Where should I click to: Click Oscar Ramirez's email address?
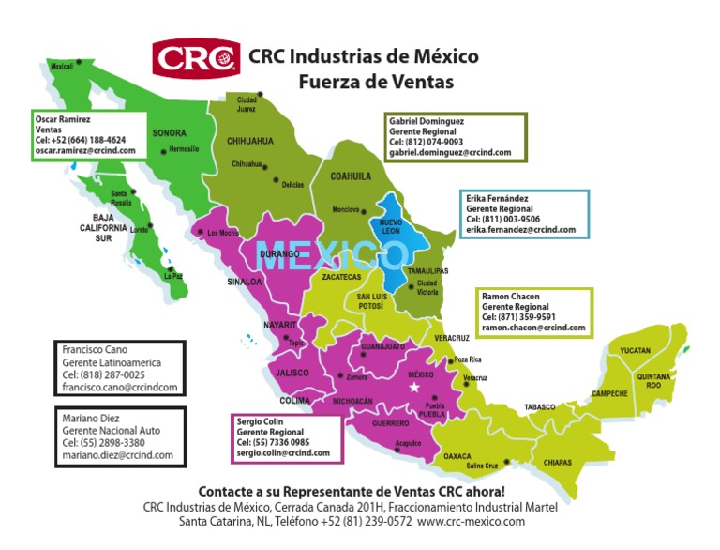tap(85, 150)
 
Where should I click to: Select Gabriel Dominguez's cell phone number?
tap(422, 142)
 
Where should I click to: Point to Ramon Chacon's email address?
tap(533, 328)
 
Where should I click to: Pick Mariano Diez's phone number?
tap(103, 442)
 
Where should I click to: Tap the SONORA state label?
tap(170, 133)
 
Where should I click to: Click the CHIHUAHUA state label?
tap(250, 142)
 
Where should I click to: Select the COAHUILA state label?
tap(351, 176)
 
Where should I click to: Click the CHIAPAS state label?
tap(557, 463)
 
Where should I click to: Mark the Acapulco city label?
tap(408, 442)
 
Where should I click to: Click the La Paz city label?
tap(173, 277)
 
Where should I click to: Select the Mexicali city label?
tap(62, 67)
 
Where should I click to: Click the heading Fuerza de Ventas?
tap(376, 83)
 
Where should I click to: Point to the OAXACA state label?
tap(457, 455)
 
